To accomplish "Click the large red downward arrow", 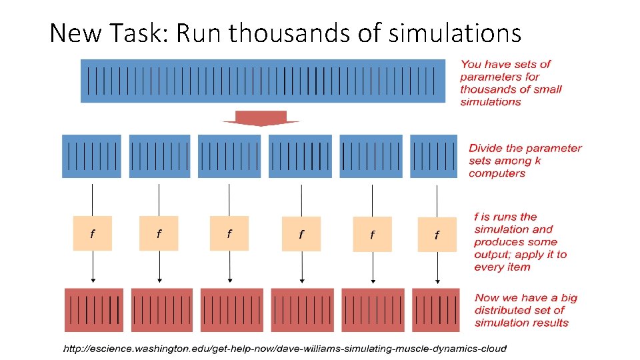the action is click(261, 119).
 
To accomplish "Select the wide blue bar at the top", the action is click(263, 81).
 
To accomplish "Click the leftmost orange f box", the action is click(93, 233).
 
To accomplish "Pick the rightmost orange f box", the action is click(437, 235).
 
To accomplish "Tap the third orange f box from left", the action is click(229, 233).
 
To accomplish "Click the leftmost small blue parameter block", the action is click(92, 156).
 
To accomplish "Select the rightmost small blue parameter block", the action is click(434, 156).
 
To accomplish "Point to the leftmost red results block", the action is click(94, 309).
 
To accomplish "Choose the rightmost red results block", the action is click(436, 309).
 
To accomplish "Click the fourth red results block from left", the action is click(302, 309).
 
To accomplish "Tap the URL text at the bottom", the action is click(285, 348).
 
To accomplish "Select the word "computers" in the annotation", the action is click(497, 173).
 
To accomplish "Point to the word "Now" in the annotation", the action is click(487, 298).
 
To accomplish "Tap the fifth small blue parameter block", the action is click(371, 156).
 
